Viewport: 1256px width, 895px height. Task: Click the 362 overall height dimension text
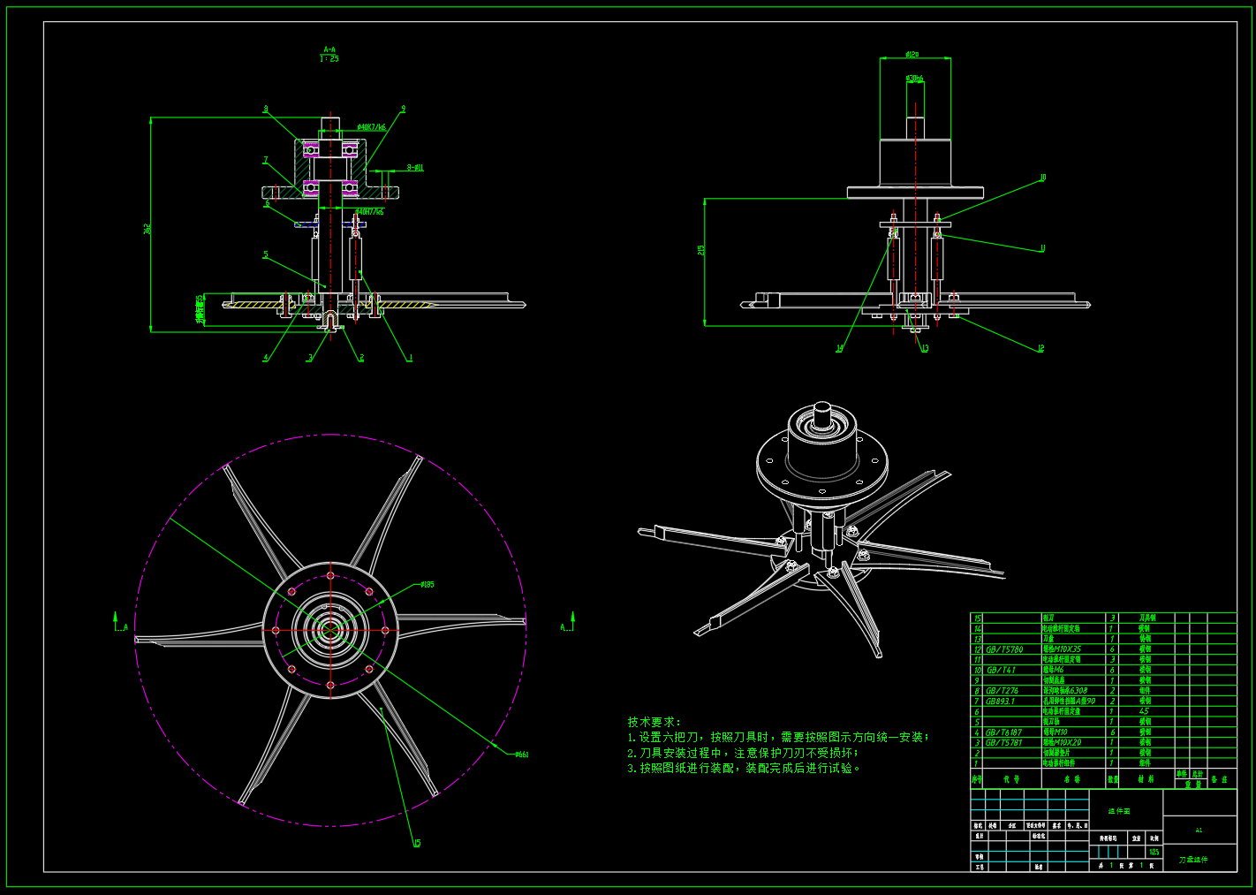(148, 228)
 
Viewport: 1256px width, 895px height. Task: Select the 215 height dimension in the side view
(701, 250)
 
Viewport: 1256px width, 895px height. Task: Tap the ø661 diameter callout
(521, 755)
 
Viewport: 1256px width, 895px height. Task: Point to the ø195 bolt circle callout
(427, 584)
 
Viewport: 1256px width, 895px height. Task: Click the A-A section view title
(329, 50)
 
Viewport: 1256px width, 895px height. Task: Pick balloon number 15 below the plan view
(417, 844)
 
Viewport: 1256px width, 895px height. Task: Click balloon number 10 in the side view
(1042, 178)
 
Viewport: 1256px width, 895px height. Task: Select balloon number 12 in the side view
(1040, 348)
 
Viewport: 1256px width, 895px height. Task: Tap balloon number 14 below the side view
(839, 349)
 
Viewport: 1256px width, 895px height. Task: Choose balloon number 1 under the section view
(410, 358)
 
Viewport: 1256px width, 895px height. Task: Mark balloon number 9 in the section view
(403, 110)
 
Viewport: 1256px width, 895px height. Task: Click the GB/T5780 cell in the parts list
(1004, 649)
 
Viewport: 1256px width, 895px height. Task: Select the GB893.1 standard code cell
(1000, 702)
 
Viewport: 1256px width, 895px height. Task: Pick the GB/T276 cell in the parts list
(1002, 691)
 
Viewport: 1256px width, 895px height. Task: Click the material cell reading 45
(1144, 711)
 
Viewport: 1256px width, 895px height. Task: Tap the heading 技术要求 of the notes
(654, 722)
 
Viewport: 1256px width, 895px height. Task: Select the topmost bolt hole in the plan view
(330, 576)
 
